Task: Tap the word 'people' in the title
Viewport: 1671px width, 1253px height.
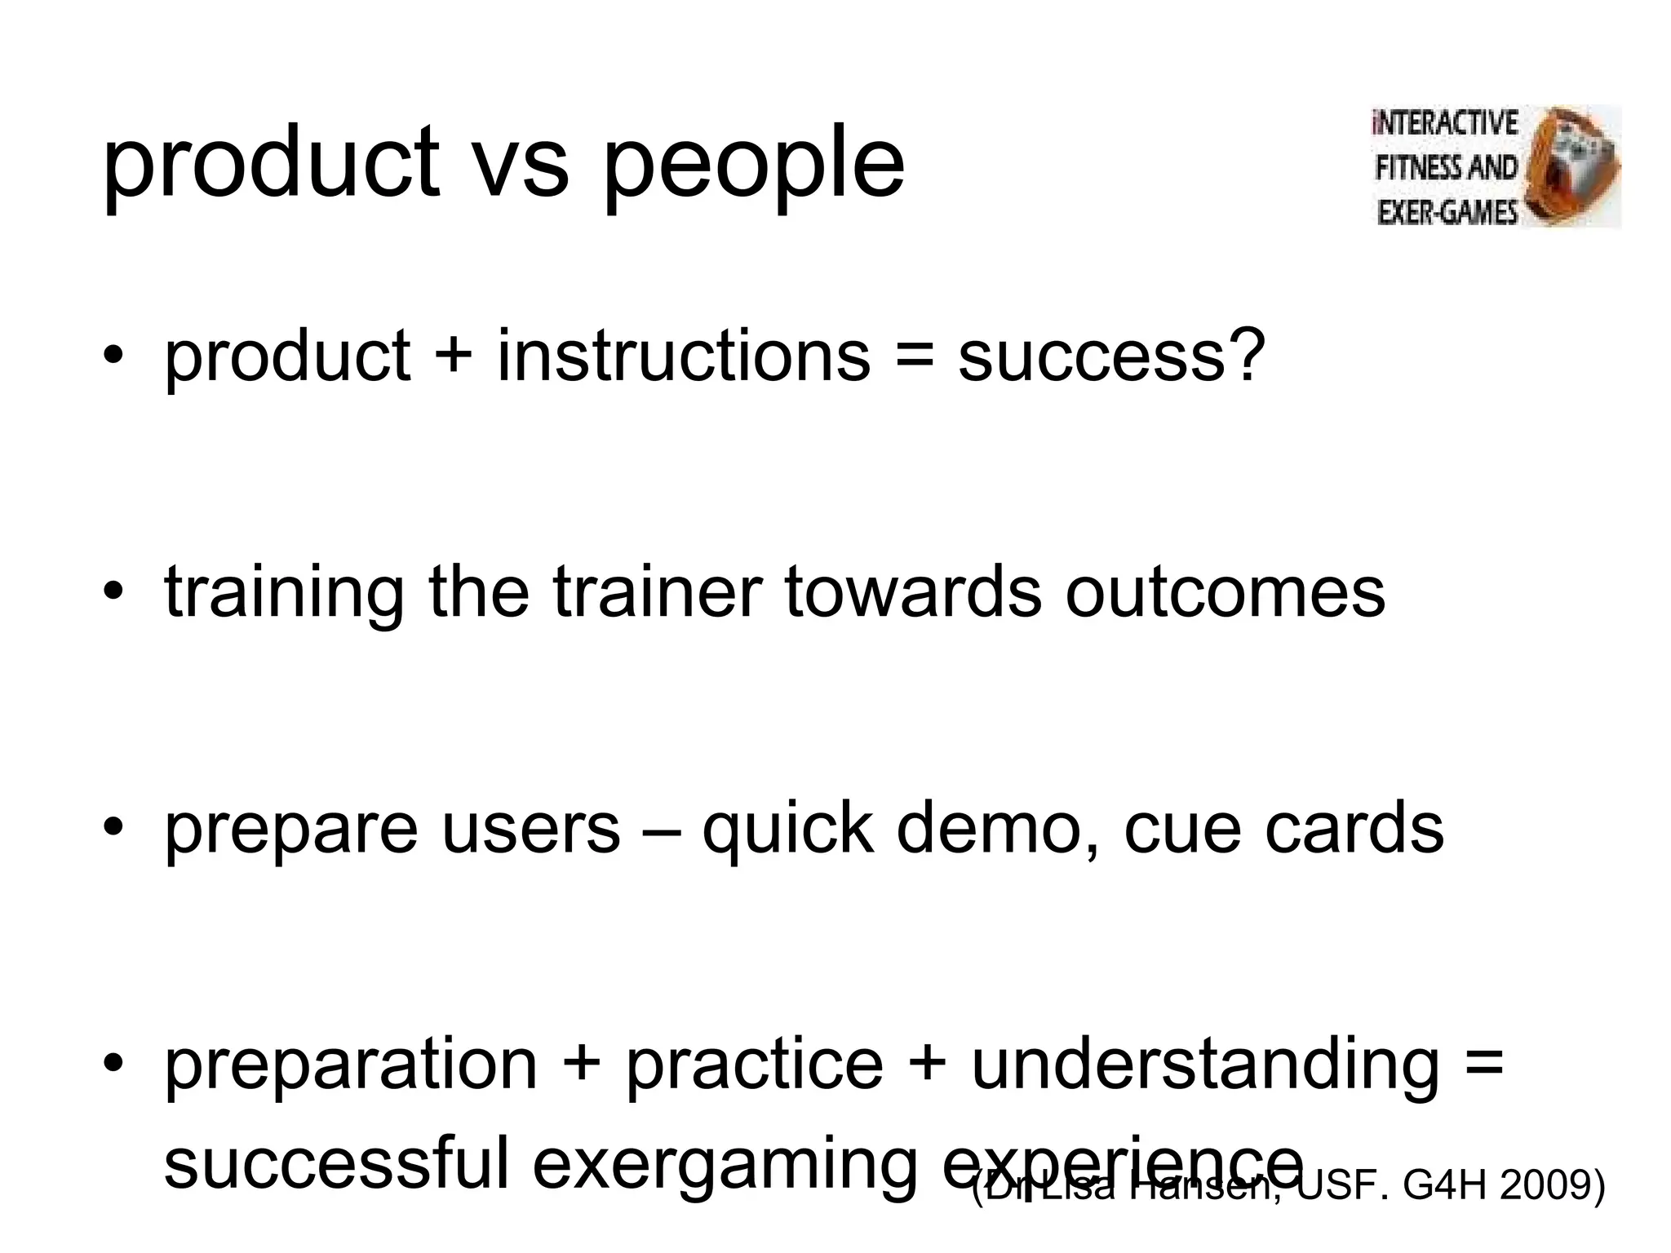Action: [753, 166]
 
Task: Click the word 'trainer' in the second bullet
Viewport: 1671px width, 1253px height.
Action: [658, 591]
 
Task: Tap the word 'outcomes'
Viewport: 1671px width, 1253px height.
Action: [1225, 593]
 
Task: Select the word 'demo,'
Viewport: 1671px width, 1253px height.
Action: [997, 829]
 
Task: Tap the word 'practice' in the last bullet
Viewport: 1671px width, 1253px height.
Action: [755, 1065]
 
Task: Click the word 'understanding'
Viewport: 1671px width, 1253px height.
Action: [1205, 1065]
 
